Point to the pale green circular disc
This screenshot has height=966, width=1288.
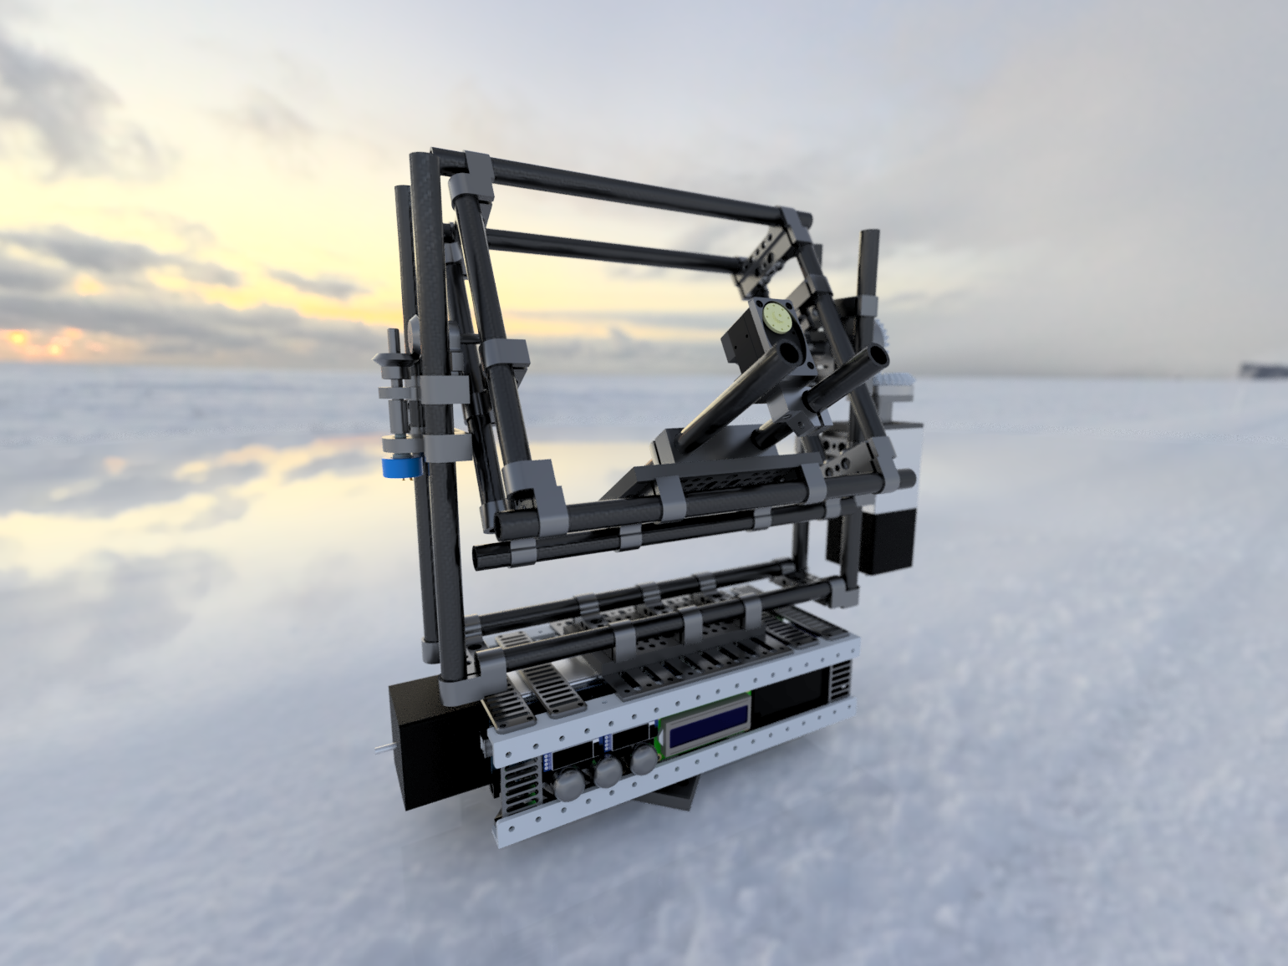coord(777,318)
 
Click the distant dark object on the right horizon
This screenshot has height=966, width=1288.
coord(1262,369)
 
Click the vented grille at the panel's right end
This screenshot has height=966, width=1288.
coord(839,681)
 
